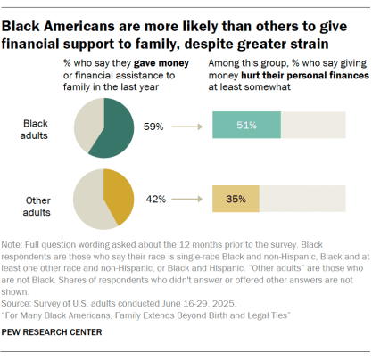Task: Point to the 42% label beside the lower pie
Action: tap(157, 199)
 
